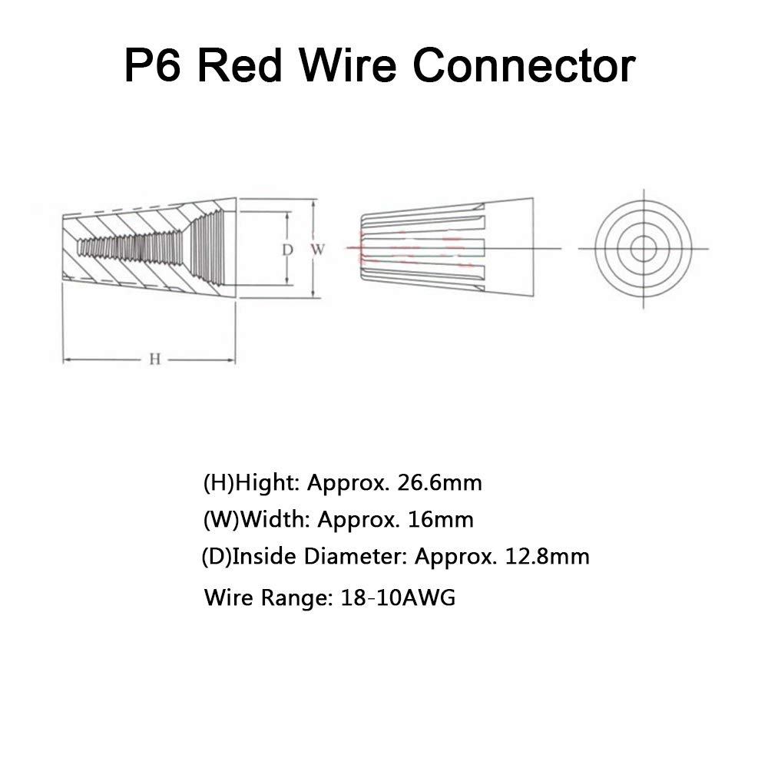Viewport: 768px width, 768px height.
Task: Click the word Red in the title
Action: tap(248, 66)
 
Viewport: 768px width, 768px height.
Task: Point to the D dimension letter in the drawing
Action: tap(286, 249)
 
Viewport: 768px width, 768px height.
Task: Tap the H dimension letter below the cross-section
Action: tap(154, 359)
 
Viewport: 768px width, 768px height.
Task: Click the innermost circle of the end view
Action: tap(644, 248)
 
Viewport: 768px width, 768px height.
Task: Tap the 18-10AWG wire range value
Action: tap(397, 598)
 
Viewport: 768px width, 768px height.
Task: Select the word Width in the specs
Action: tap(275, 519)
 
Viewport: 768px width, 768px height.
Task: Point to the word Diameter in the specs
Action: tap(356, 556)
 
